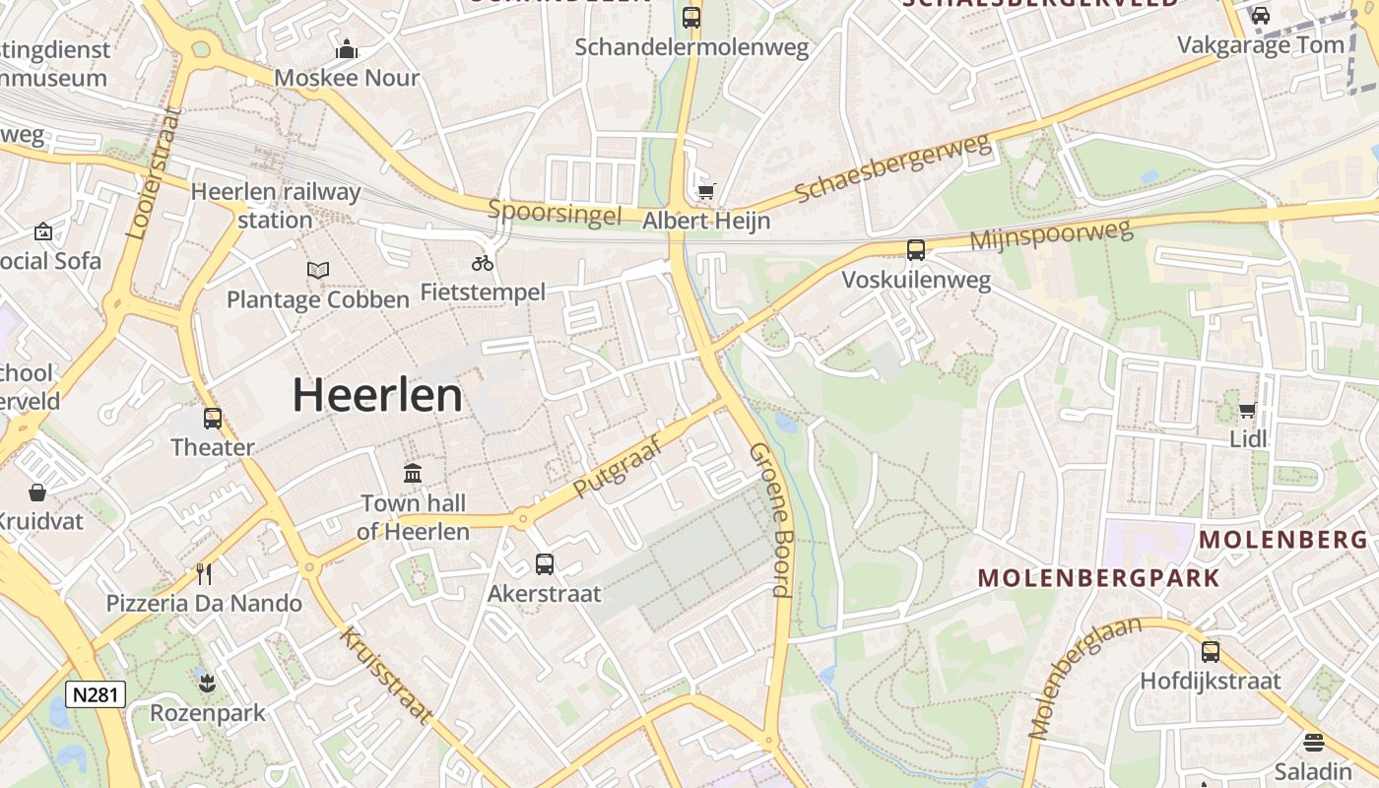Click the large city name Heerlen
[377, 396]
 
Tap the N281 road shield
[96, 694]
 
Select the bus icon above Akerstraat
[545, 564]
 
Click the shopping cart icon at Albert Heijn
[706, 191]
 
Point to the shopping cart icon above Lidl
[1248, 410]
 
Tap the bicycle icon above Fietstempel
[483, 263]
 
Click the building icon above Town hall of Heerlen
[413, 474]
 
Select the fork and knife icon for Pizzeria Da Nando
[204, 573]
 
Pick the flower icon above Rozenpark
[207, 683]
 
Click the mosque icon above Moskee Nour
[347, 49]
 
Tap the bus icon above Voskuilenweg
[916, 250]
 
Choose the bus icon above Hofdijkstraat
[1211, 651]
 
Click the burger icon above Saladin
[1313, 743]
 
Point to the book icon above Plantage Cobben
[317, 270]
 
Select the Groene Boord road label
[770, 520]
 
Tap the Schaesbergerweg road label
[891, 168]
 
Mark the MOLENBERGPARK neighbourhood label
[1098, 577]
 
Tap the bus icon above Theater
[213, 419]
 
